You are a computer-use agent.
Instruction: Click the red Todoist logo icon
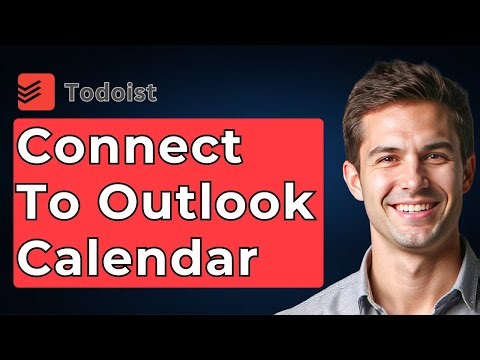coord(38,92)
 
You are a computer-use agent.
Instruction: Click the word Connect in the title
coord(131,148)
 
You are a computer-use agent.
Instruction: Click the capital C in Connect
coord(39,148)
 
